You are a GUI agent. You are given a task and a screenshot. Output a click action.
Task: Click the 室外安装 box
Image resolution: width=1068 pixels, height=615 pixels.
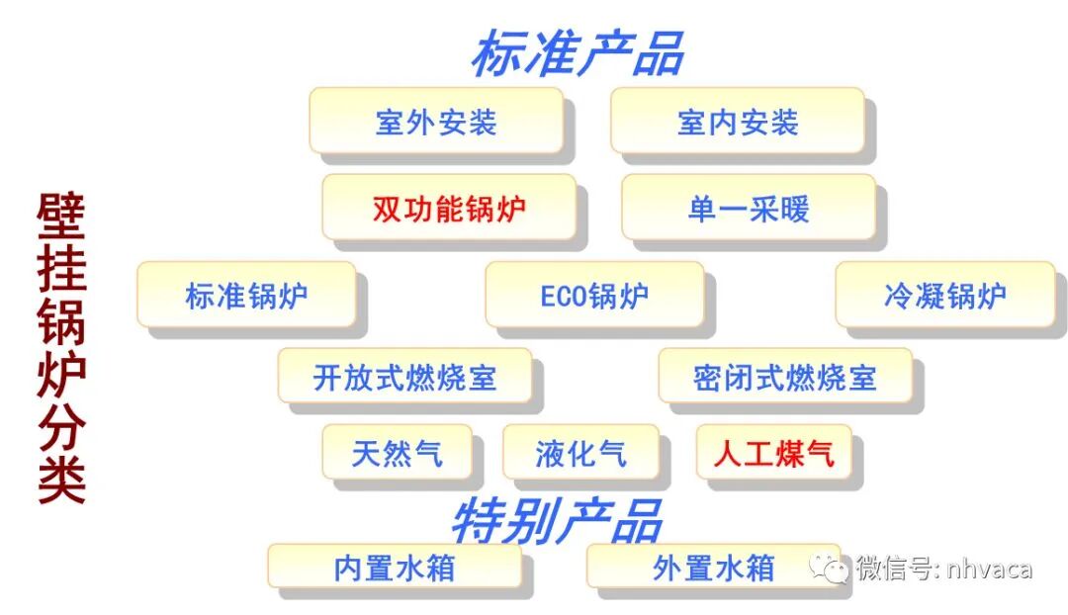436,121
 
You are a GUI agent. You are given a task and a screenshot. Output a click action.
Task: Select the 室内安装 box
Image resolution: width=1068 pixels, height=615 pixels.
737,121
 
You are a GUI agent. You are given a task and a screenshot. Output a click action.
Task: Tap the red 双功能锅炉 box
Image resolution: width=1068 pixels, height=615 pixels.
449,208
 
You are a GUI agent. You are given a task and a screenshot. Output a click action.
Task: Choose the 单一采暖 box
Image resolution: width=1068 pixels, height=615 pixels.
749,208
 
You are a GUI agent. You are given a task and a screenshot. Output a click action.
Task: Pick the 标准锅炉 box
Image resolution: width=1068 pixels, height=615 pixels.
246,295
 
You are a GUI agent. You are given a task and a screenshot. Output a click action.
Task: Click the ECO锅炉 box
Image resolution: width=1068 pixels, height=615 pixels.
594,295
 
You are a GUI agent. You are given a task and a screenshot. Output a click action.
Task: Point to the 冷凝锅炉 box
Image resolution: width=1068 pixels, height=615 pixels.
944,295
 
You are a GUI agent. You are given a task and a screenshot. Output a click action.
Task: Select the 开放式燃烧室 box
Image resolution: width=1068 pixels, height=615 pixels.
404,376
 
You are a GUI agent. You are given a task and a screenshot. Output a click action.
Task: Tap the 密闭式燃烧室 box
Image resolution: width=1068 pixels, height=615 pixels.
785,376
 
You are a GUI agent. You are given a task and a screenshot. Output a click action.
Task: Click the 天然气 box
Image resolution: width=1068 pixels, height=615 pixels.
397,452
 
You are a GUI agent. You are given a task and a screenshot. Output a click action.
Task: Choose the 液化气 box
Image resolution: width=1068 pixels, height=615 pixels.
580,452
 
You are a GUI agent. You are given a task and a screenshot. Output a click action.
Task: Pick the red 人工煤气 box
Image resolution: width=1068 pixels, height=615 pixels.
773,452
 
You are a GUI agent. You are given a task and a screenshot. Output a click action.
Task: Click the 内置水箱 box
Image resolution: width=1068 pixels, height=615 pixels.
395,568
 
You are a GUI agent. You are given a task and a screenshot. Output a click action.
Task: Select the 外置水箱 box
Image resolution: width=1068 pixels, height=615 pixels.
713,568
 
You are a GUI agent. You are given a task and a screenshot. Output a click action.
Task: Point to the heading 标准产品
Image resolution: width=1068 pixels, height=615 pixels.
577,54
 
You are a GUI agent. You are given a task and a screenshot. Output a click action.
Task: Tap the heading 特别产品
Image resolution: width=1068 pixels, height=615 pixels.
556,518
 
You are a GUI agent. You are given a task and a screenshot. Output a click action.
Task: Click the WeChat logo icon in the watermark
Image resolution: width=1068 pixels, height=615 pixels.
829,568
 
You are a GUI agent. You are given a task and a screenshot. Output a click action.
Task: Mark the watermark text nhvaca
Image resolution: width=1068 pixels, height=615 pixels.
989,570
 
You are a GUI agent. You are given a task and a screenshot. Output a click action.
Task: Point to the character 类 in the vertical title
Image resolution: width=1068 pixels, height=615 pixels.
62,480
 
